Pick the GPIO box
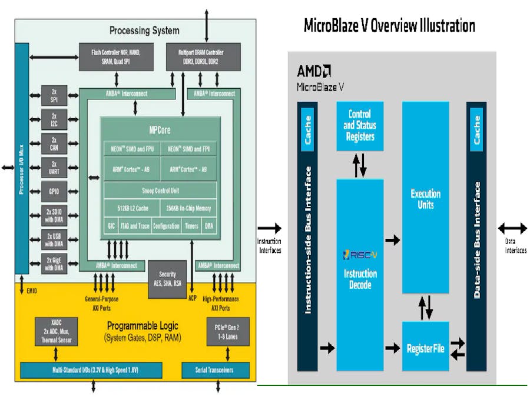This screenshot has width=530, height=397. point(54,191)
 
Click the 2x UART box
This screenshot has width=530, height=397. point(54,167)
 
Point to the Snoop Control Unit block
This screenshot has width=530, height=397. point(160,191)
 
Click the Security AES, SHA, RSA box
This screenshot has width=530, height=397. point(167,278)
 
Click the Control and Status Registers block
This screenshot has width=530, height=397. point(360,125)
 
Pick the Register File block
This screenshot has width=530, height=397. point(425,348)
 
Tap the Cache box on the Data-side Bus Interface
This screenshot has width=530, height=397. point(476,129)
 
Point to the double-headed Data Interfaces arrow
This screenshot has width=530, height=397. point(512,228)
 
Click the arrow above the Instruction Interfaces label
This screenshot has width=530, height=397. point(269,228)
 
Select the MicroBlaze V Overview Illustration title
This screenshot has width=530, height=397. point(389,26)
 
